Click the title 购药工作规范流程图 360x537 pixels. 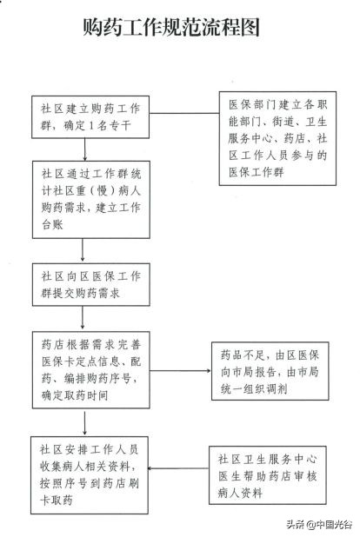tap(179, 28)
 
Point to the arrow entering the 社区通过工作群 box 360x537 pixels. tap(83, 150)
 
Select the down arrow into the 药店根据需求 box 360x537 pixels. tap(83, 318)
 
